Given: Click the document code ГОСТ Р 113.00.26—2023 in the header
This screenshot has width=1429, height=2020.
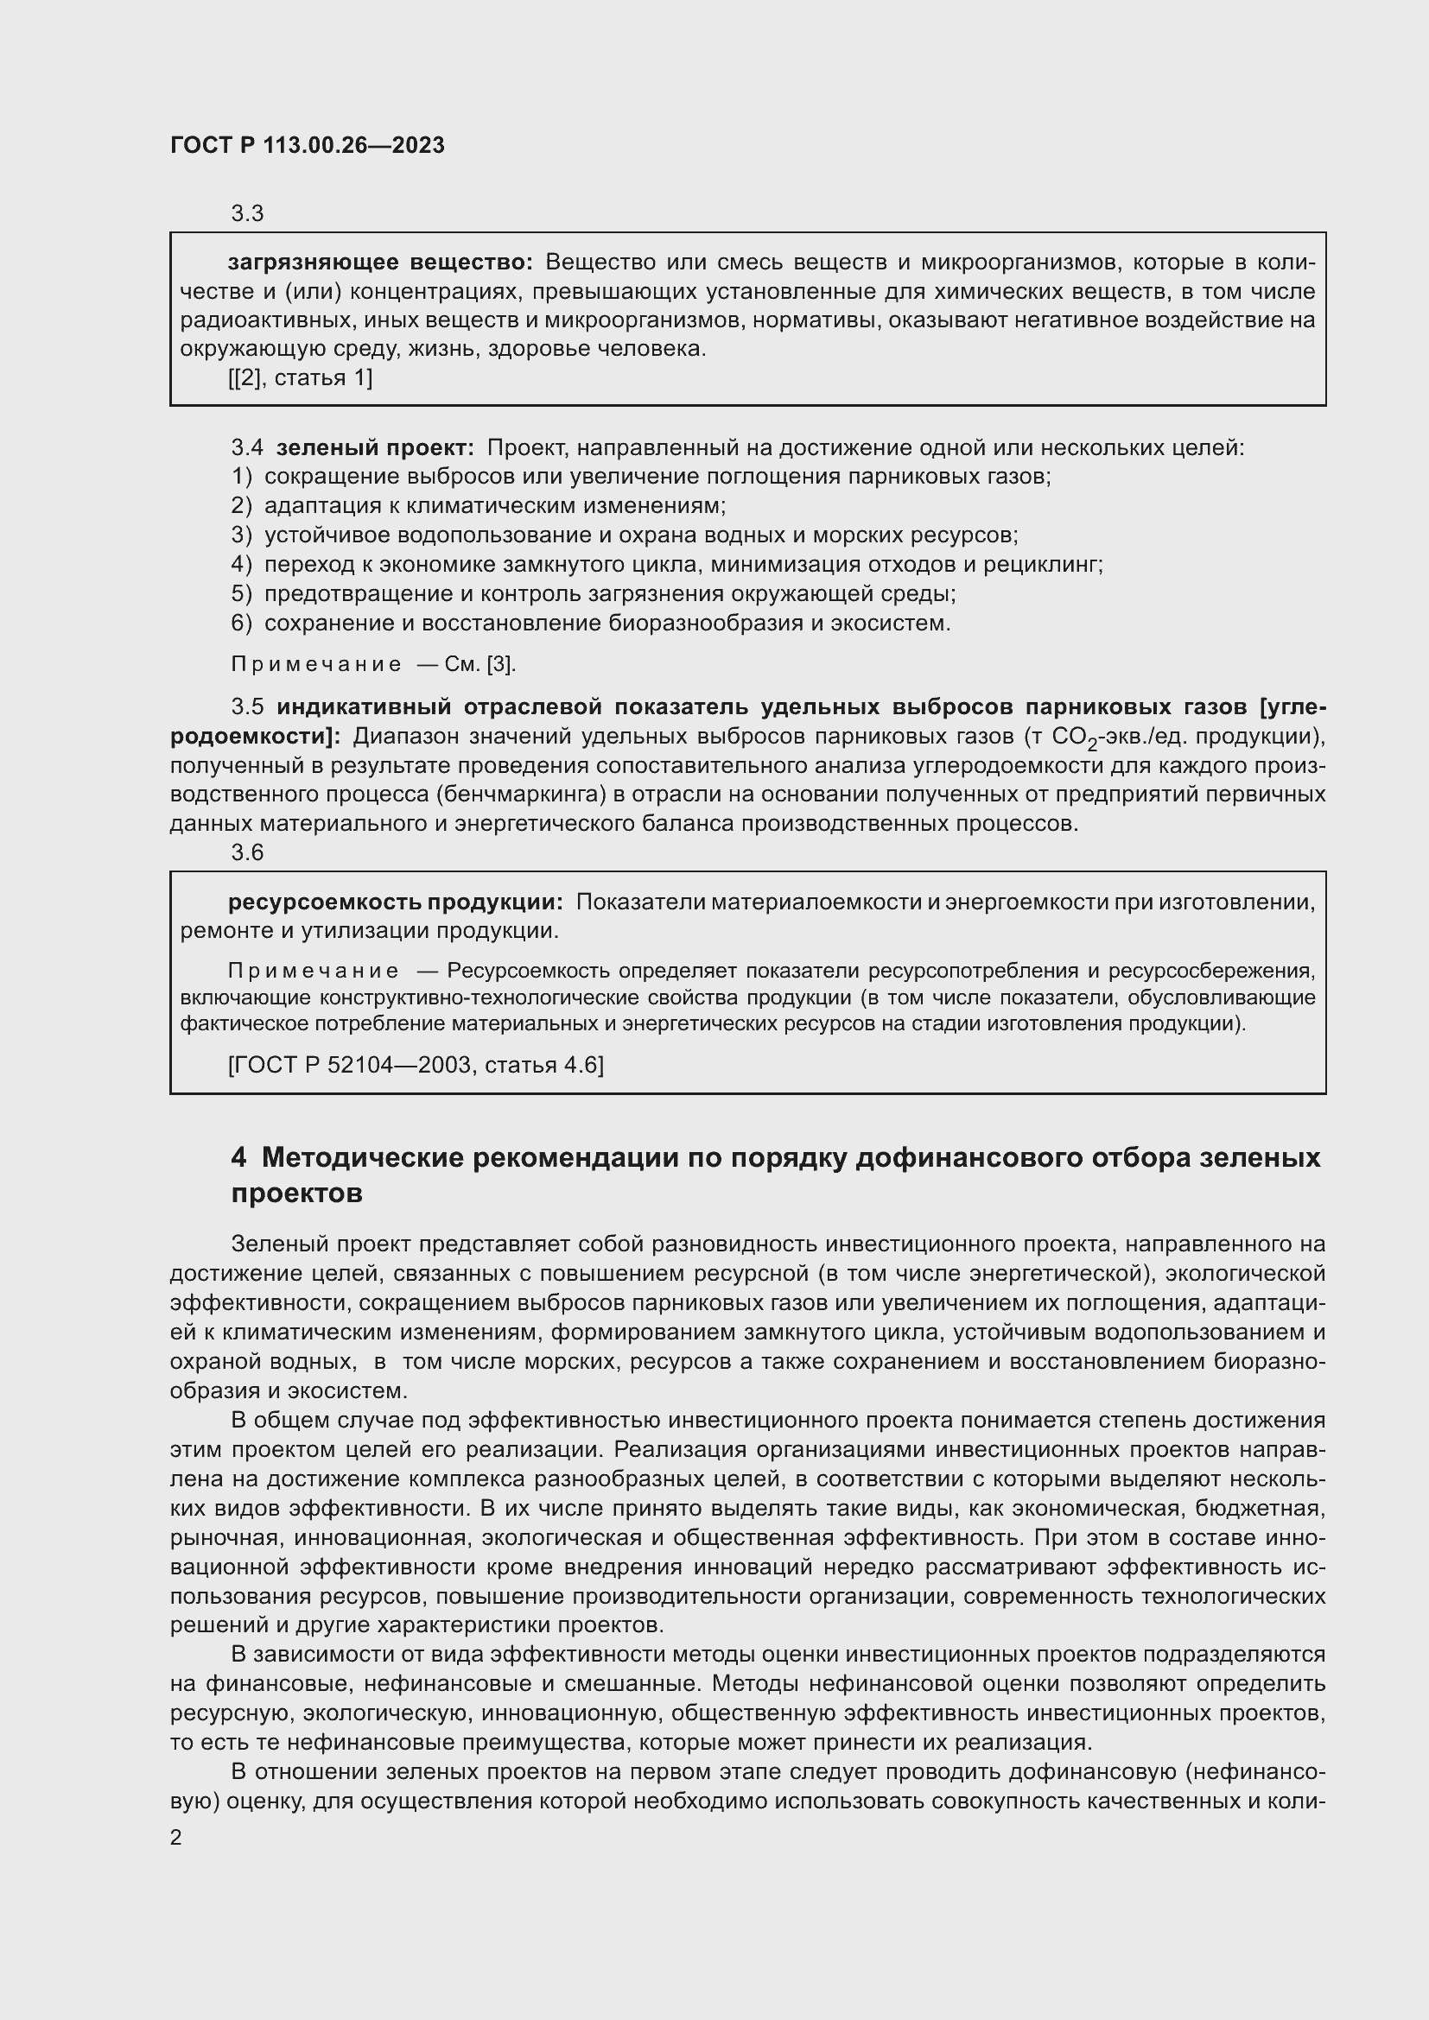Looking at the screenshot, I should (x=307, y=146).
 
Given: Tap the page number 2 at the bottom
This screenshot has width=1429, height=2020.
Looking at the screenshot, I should (x=176, y=1837).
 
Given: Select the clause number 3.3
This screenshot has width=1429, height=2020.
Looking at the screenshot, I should (x=247, y=214).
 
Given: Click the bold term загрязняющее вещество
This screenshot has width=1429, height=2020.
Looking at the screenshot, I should (x=380, y=263).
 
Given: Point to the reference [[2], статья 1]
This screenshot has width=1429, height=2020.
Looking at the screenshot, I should (x=300, y=378).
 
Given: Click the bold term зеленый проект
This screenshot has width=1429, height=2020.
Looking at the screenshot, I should (x=375, y=448).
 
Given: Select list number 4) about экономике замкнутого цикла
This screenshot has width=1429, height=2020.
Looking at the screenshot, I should (x=241, y=564).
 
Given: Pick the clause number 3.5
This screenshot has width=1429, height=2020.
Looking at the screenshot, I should (x=247, y=706).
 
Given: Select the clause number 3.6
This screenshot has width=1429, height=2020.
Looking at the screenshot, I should (x=247, y=852).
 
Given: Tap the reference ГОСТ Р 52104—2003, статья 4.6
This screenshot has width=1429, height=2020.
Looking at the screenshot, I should (x=416, y=1066).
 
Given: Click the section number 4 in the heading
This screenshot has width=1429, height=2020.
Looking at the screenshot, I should (x=238, y=1158).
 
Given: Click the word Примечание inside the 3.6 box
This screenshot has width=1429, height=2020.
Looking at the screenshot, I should (x=314, y=972).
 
